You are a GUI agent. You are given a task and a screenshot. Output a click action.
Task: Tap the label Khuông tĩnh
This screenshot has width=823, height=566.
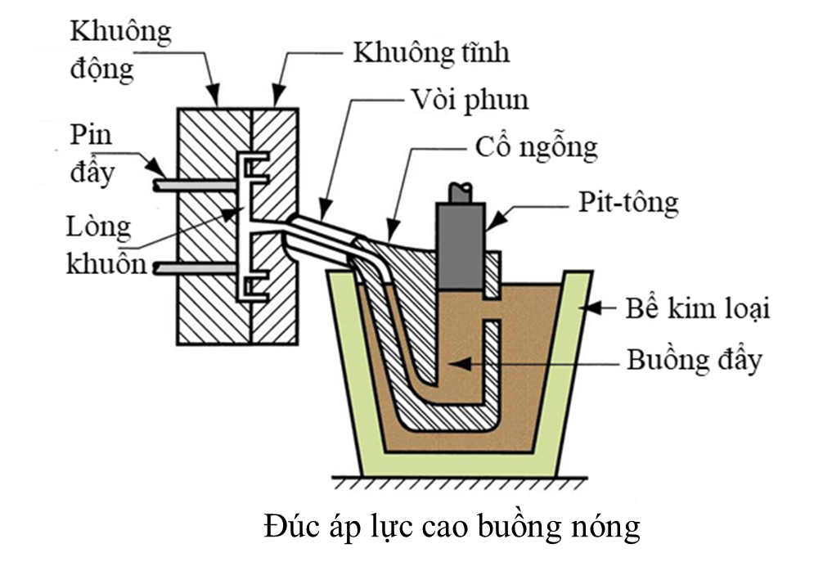(430, 53)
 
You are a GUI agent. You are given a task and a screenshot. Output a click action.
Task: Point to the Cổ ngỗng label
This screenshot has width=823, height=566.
(536, 149)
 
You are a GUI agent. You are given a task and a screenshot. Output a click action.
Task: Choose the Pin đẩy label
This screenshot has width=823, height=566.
(91, 154)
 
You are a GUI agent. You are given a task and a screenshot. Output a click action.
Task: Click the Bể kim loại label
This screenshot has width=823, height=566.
(687, 309)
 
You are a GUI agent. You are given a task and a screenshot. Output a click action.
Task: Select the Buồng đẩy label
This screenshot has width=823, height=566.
(687, 360)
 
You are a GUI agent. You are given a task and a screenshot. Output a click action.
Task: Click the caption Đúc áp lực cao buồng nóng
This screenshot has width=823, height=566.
(452, 527)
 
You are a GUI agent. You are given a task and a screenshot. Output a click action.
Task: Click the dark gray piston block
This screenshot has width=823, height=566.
(460, 245)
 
